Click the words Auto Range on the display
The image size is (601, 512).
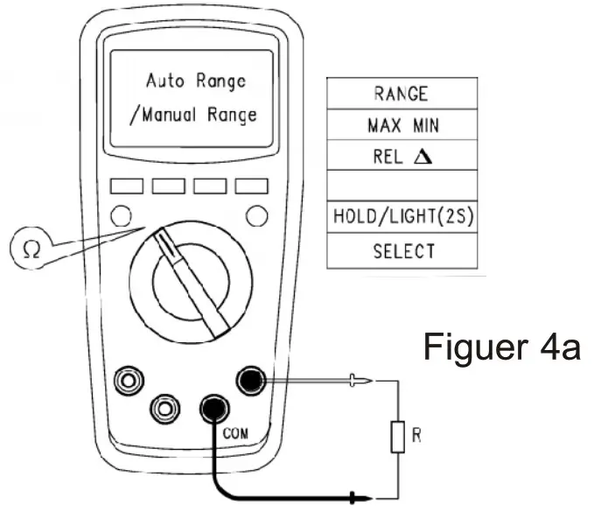point(195,81)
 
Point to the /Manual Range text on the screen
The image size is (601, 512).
point(193,116)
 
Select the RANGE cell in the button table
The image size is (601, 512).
point(402,94)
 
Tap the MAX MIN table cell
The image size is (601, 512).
point(402,125)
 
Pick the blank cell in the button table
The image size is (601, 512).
point(402,186)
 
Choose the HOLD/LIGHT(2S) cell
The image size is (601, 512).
point(402,218)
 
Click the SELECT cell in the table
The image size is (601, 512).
point(402,251)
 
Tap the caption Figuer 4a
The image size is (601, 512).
point(502,347)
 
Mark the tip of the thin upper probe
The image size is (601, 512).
point(374,380)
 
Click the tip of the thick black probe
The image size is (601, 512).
point(358,499)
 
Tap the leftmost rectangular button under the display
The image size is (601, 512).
point(125,186)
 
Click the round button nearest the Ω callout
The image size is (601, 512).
point(122,215)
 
